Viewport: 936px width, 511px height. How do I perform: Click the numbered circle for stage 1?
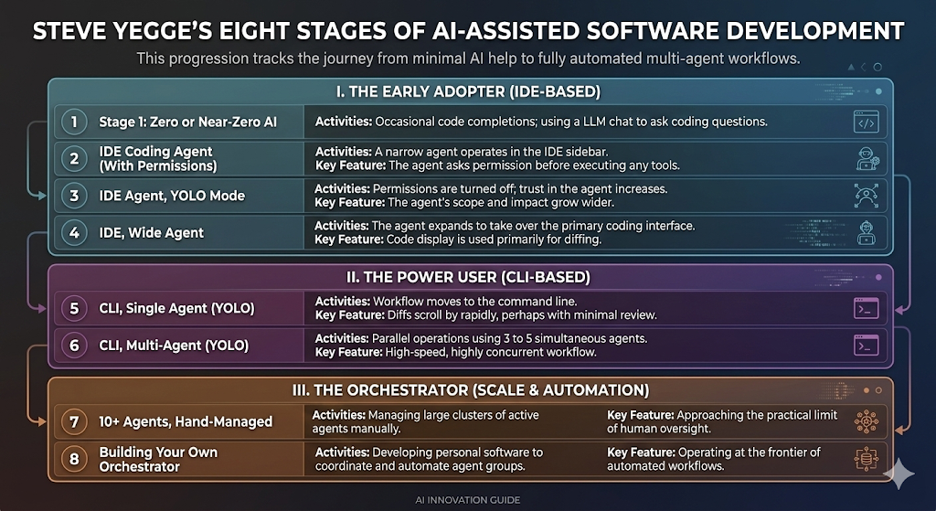point(74,122)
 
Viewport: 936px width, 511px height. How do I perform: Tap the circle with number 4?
point(74,232)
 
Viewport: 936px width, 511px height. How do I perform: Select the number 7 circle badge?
point(74,421)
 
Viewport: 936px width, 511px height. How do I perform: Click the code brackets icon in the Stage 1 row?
point(866,122)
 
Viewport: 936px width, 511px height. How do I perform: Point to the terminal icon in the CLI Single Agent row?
point(866,308)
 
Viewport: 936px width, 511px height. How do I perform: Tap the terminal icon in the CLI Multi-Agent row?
point(866,345)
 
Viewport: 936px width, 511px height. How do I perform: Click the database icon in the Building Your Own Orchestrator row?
point(866,459)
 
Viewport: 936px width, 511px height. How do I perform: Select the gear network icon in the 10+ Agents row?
point(866,421)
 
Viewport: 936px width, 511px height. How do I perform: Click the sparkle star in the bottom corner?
point(899,474)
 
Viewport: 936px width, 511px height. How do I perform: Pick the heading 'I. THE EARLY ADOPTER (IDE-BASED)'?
point(468,92)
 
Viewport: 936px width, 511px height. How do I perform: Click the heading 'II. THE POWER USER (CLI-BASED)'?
point(468,278)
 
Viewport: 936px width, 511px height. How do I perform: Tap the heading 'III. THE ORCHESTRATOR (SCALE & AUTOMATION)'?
point(471,390)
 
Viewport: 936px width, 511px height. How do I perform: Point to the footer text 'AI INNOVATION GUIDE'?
point(468,500)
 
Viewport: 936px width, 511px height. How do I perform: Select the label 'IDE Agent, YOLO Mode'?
point(172,196)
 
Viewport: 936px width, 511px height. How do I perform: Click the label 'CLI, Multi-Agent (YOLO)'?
point(174,345)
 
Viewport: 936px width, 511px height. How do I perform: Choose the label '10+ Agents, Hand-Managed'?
point(186,421)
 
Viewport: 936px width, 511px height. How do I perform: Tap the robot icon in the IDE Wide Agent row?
point(866,232)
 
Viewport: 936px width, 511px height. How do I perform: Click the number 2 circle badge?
point(74,158)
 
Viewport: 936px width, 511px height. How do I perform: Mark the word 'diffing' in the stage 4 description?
point(582,240)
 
